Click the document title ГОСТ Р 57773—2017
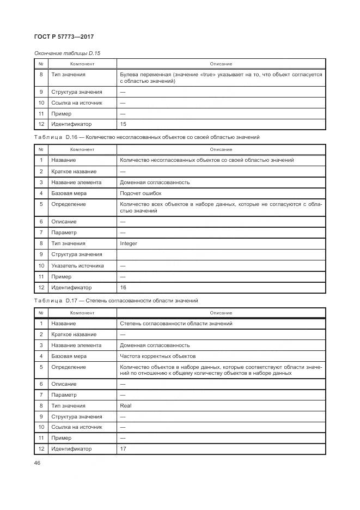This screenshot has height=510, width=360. (65, 37)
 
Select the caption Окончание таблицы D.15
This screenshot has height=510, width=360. (68, 53)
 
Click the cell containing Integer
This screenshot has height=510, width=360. (129, 244)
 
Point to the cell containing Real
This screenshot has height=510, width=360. (125, 406)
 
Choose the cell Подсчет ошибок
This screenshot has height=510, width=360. (141, 193)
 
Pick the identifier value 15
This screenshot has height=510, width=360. (123, 125)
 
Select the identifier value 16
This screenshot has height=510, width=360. (123, 288)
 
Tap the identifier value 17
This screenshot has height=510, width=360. (123, 450)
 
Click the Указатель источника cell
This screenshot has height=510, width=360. (76, 266)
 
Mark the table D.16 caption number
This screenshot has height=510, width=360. (72, 137)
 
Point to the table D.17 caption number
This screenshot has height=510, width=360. (72, 301)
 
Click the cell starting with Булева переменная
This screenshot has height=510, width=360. (221, 77)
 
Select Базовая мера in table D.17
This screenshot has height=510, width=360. (69, 356)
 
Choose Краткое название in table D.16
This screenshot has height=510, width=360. (74, 172)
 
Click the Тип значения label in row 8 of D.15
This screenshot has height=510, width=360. (68, 74)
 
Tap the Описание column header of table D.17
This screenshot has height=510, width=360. (221, 313)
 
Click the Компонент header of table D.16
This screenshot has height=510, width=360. (82, 149)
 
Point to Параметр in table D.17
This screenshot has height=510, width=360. (64, 395)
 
